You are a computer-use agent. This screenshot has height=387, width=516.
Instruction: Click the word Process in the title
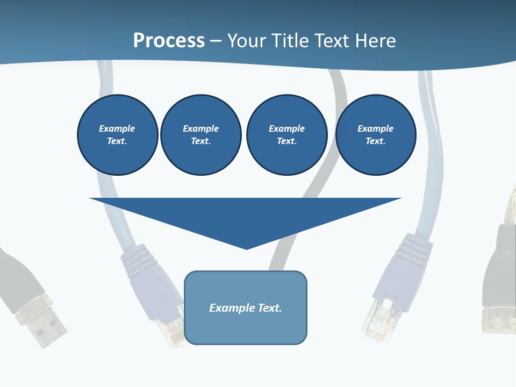[169, 40]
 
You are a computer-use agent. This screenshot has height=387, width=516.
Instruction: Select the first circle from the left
[117, 135]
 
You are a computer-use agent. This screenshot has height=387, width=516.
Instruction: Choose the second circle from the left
[200, 135]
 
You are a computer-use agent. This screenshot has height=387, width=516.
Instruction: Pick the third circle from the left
[286, 135]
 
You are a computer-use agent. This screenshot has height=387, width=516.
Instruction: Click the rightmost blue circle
[375, 135]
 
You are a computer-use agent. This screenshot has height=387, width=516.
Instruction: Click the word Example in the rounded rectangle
[232, 308]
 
